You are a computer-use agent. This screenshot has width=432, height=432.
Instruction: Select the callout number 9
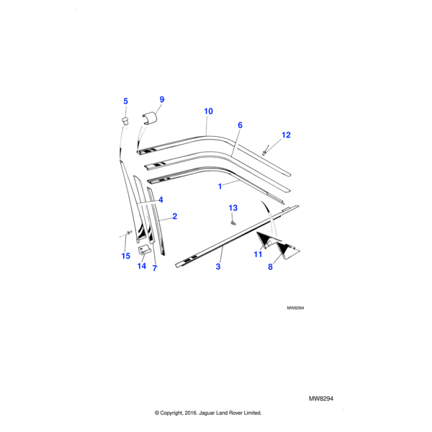[162, 99]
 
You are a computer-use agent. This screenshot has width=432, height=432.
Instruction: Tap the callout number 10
[209, 112]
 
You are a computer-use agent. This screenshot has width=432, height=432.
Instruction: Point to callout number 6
[240, 125]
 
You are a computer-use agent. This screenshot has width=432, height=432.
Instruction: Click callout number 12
[286, 135]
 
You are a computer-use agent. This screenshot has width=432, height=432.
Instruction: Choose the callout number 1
[220, 185]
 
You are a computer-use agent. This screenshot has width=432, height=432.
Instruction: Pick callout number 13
[233, 208]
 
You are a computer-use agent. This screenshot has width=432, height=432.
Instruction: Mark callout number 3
[218, 266]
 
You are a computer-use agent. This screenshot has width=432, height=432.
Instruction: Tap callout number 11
[258, 254]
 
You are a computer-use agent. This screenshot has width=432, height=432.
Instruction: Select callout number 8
[271, 267]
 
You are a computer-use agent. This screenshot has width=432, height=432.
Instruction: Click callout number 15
[126, 256]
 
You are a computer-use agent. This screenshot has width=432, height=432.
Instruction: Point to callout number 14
[142, 266]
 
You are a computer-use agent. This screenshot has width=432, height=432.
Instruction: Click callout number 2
[175, 216]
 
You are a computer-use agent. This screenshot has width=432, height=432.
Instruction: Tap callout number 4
[161, 199]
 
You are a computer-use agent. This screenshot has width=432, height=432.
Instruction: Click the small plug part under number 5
[124, 119]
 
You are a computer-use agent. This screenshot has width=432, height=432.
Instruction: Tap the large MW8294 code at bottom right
[323, 398]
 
